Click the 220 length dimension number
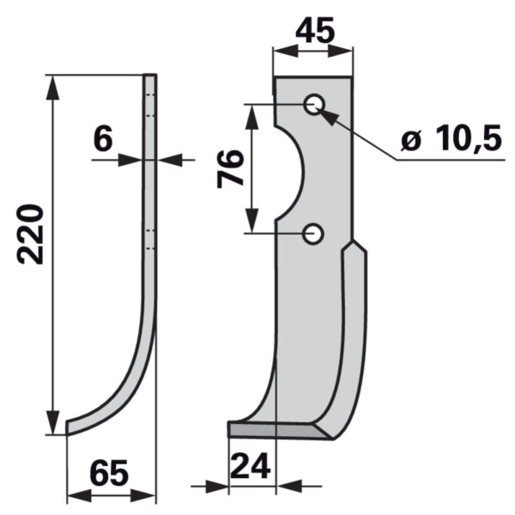(x=30, y=234)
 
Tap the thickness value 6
(x=103, y=138)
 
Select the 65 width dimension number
(x=109, y=473)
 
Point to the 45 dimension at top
(x=315, y=30)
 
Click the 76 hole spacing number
(x=230, y=168)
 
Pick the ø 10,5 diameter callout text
(x=452, y=137)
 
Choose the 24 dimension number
(x=251, y=466)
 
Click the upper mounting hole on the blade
(x=314, y=105)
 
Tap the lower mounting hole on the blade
(x=313, y=233)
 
